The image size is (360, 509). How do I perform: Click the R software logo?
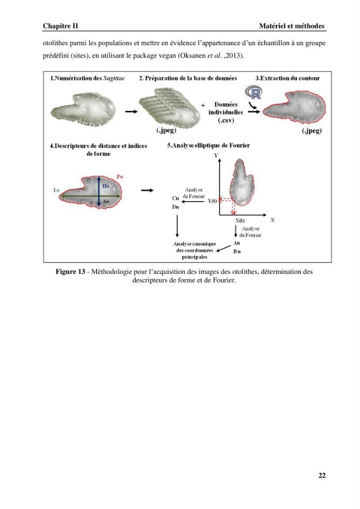coord(254,93)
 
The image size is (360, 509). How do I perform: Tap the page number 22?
coord(322,475)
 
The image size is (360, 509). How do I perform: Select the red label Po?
coord(120,177)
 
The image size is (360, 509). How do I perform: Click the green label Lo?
coord(57,190)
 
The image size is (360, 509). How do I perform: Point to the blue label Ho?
coord(106,186)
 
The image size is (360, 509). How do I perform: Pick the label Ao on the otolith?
coord(106,202)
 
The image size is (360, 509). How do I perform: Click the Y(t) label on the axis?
coord(212,201)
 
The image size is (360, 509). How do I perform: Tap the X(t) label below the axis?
coord(240,220)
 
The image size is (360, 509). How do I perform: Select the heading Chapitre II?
coord(61,26)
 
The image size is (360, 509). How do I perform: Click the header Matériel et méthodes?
coord(292,26)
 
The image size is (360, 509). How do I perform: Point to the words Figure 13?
coord(70,271)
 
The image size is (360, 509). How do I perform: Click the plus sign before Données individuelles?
coord(203,105)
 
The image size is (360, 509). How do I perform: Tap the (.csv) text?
coord(226,121)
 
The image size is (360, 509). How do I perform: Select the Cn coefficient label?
coord(176,198)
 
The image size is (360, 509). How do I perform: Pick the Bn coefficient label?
coord(237,251)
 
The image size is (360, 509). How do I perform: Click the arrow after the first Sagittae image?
coord(131,111)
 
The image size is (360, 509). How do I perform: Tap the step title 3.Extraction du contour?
coord(288,78)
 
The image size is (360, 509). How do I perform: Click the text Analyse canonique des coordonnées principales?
coord(195,250)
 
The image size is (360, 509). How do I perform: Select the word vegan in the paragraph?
coord(167,55)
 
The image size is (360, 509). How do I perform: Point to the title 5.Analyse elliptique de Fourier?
coord(208,146)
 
